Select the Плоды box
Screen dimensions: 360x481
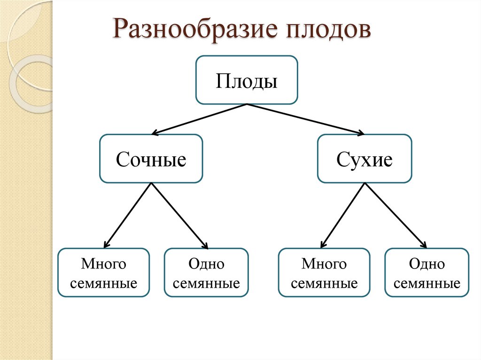[247, 80]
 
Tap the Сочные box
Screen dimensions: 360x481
[151, 159]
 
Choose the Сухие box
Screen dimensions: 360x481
[365, 159]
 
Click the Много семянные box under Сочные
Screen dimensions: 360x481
[103, 273]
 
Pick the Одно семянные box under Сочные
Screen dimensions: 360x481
[206, 273]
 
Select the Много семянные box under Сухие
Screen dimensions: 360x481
[324, 273]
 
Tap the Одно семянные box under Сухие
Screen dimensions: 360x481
[427, 273]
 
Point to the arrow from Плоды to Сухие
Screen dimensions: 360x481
[305, 119]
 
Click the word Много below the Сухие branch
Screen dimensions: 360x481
[324, 264]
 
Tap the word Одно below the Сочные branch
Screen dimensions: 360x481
[206, 264]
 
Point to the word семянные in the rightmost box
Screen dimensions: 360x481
[427, 283]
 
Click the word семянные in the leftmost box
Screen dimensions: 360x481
[103, 283]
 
